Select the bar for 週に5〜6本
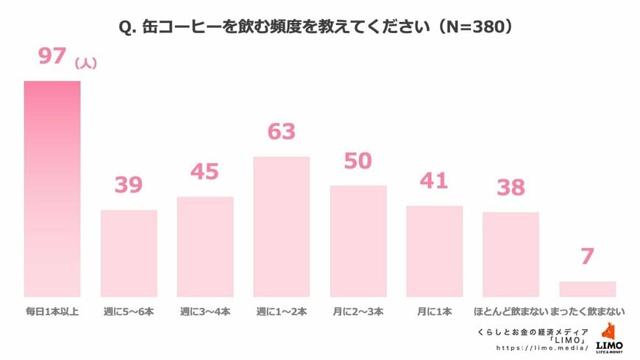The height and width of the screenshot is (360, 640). (129, 253)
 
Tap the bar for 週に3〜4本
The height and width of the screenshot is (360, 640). (205, 246)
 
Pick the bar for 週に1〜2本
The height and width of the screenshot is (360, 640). (282, 226)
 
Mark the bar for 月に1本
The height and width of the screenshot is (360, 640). (435, 250)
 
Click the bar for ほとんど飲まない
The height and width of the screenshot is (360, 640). (511, 254)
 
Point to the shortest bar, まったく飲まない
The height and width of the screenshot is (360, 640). (587, 288)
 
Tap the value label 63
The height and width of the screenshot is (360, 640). (282, 132)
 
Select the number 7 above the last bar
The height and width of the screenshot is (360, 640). (587, 257)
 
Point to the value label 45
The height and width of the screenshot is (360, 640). (205, 172)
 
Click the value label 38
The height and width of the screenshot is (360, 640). (511, 188)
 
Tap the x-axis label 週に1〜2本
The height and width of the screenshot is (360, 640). (282, 311)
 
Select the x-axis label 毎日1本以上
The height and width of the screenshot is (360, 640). (51, 311)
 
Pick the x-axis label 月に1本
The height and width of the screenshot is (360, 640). (435, 311)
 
